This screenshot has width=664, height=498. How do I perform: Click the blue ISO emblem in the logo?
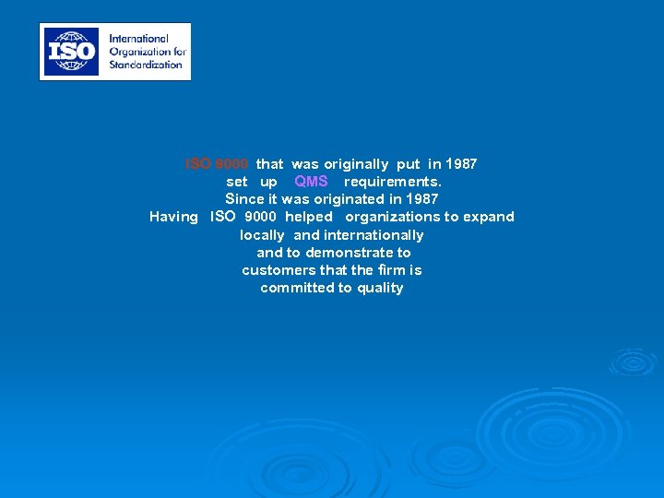(x=73, y=51)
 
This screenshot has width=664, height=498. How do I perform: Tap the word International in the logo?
(x=138, y=39)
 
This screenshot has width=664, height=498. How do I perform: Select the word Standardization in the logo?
(x=146, y=65)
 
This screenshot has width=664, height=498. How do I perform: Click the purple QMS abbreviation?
(x=311, y=182)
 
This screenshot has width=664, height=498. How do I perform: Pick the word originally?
(x=356, y=164)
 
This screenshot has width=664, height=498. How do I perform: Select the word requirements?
(x=393, y=182)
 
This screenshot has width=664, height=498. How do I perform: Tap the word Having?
(x=173, y=217)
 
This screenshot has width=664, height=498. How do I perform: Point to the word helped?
(x=308, y=217)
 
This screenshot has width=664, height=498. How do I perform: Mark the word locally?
(x=262, y=235)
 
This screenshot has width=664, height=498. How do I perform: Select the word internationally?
(x=373, y=235)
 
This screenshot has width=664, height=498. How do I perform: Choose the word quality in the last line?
(x=379, y=288)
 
